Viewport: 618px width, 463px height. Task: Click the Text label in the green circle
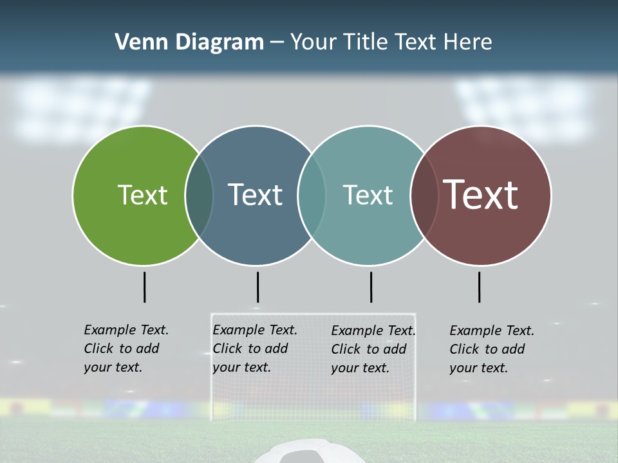click(x=142, y=195)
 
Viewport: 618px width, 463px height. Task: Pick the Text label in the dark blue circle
click(x=256, y=195)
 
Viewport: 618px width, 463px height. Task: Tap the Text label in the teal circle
click(x=368, y=195)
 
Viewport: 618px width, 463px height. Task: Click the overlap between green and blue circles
click(x=199, y=195)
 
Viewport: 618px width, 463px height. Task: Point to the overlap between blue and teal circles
click(x=312, y=195)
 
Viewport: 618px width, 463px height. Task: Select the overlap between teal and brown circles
click(x=424, y=195)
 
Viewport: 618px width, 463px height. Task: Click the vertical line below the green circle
click(x=144, y=287)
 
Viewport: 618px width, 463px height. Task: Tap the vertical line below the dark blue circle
click(x=257, y=287)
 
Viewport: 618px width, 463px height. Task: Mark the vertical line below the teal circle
click(x=371, y=287)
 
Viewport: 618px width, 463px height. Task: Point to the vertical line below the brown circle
click(x=479, y=287)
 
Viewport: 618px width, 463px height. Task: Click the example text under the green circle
click(x=126, y=349)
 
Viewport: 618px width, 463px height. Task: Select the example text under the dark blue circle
click(x=255, y=349)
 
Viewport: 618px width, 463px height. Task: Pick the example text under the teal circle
click(x=373, y=349)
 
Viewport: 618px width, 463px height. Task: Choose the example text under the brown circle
click(x=492, y=349)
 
